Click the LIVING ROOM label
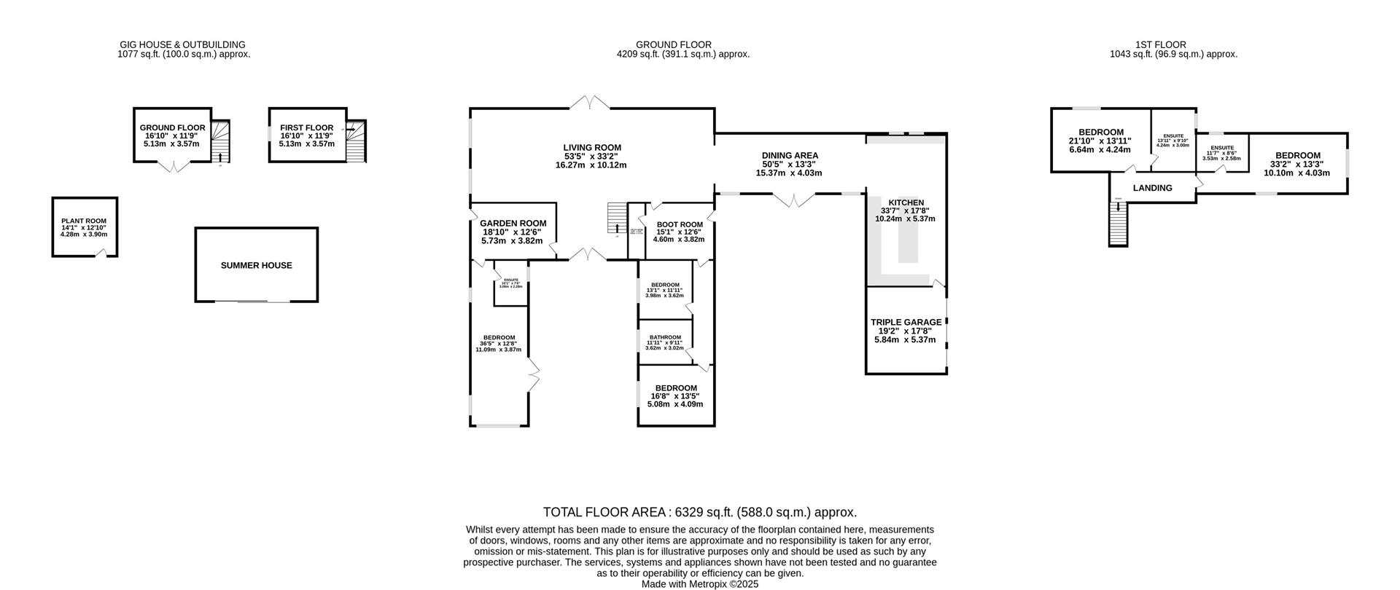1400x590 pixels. pos(591,148)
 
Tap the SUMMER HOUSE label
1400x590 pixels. pos(256,266)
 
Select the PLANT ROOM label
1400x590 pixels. pos(84,221)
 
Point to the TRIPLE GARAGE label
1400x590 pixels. pos(906,323)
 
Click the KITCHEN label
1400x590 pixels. pos(906,202)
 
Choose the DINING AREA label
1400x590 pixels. pos(790,156)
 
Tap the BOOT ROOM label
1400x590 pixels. pos(679,224)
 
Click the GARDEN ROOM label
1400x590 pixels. pos(513,224)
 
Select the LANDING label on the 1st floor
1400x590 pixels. pos(1152,188)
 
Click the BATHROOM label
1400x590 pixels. pos(665,337)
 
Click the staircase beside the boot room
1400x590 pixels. pos(617,219)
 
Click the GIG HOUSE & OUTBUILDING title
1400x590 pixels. pos(182,44)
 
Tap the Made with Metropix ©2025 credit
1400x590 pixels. pos(699,584)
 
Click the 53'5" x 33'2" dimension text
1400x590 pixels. pos(591,157)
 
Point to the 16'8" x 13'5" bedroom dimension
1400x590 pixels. pos(675,396)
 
